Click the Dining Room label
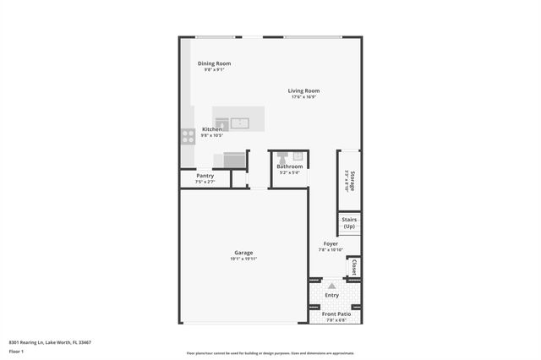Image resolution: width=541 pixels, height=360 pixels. [x=214, y=63]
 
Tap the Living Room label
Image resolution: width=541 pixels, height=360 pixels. [x=303, y=90]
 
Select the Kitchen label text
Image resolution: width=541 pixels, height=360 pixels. [x=211, y=128]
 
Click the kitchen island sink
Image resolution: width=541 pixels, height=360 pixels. [x=240, y=123]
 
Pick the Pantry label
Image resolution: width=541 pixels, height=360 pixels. [x=205, y=176]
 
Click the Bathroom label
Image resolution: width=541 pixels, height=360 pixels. [x=289, y=166]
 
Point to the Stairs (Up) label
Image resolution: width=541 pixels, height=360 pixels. [x=349, y=223]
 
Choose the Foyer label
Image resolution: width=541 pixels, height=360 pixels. [x=330, y=243]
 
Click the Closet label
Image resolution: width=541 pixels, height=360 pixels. [x=353, y=267]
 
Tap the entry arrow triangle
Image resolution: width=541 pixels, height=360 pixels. [x=331, y=286]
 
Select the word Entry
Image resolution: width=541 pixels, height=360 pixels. [x=331, y=295]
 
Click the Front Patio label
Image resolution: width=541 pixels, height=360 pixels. [x=336, y=314]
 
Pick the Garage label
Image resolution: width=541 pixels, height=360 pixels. [x=243, y=253]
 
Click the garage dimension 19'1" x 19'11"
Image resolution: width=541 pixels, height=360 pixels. [x=243, y=259]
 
